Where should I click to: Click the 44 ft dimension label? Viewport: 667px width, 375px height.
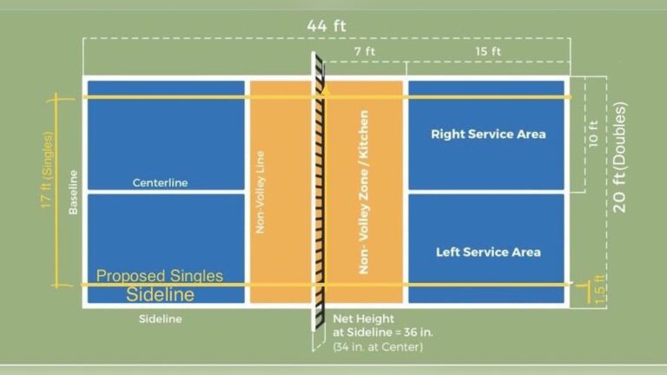[x=327, y=25]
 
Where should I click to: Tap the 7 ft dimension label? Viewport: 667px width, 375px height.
[x=365, y=51]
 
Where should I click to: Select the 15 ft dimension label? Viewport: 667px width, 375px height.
[x=488, y=51]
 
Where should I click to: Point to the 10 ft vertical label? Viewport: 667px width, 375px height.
[x=593, y=134]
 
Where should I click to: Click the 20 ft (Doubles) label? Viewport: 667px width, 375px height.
[x=619, y=157]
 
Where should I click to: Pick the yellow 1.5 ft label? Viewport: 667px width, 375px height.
[x=599, y=290]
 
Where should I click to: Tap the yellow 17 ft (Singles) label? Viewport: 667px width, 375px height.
[x=47, y=170]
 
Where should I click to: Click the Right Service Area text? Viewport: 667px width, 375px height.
[x=488, y=135]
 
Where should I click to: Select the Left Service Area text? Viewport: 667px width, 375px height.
[x=488, y=252]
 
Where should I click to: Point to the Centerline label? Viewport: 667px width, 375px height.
[x=160, y=183]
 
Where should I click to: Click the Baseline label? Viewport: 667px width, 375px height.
[x=73, y=192]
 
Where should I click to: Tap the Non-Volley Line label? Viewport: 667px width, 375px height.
[x=260, y=192]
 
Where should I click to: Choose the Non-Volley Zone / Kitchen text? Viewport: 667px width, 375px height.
[x=364, y=192]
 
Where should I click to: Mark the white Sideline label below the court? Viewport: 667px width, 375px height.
[x=161, y=319]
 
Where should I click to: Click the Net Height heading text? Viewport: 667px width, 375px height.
[x=363, y=319]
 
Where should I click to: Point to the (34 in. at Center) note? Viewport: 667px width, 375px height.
[x=378, y=347]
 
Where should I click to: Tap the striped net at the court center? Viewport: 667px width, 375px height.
[x=319, y=192]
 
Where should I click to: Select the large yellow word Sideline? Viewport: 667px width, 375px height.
[x=161, y=294]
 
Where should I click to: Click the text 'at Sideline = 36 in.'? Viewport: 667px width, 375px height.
[x=382, y=332]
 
